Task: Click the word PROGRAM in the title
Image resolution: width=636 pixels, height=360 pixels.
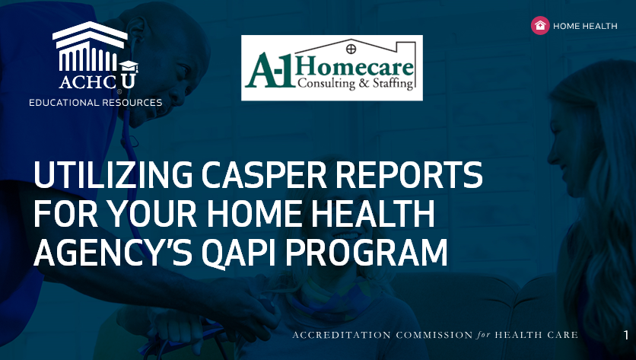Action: click(x=366, y=253)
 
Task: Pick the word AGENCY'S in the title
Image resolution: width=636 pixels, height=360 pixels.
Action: click(x=113, y=253)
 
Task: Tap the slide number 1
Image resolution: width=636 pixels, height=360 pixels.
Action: click(x=626, y=335)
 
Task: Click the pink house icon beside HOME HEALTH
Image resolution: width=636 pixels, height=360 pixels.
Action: click(x=540, y=26)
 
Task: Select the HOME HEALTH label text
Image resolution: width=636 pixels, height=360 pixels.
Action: click(x=585, y=26)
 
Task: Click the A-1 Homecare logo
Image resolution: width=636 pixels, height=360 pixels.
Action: click(x=332, y=68)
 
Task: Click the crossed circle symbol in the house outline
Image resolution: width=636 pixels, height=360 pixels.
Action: click(x=351, y=49)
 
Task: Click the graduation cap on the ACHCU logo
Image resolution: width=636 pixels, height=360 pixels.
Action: click(x=129, y=66)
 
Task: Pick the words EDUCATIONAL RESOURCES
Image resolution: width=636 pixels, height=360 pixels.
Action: click(x=96, y=103)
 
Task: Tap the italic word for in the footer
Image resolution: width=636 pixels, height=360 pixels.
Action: click(x=484, y=335)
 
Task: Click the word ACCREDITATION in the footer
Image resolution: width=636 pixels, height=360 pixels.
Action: click(x=342, y=335)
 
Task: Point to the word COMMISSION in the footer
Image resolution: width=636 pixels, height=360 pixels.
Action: click(x=434, y=335)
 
